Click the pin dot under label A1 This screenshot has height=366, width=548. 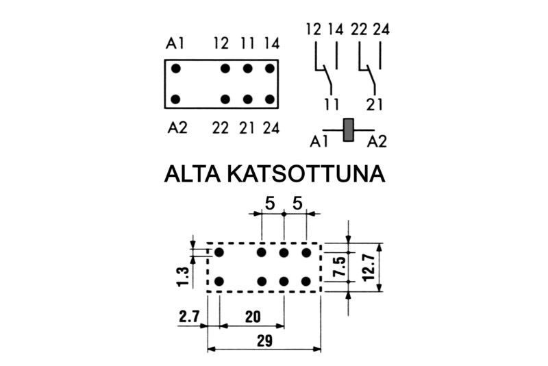point(176,69)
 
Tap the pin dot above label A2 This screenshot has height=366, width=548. point(176,99)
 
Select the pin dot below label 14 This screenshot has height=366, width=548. point(271,69)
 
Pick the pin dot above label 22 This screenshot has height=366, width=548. point(225,99)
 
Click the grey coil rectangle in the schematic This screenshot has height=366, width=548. point(349,130)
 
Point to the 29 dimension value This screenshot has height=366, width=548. point(264,339)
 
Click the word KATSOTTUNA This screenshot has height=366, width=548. point(305,175)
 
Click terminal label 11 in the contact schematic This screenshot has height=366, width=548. point(332,104)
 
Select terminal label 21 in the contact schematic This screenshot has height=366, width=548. point(374,104)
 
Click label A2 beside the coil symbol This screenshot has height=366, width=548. point(377,142)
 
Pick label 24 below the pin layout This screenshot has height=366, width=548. point(271,127)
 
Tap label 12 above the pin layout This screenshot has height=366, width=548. point(221,44)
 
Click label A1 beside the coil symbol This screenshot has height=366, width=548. point(319,142)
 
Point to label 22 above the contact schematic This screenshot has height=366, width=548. point(358,29)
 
